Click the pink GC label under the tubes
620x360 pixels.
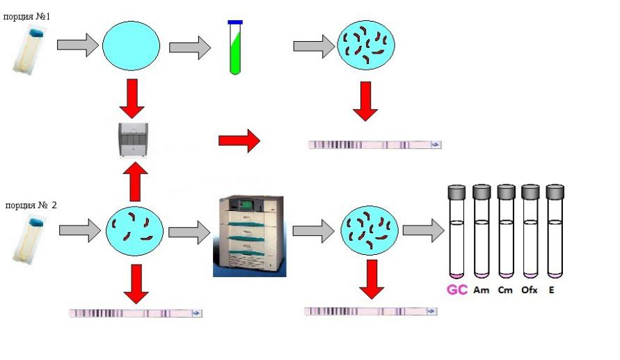point(456,290)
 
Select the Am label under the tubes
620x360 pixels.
point(481,290)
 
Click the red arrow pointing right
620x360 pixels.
point(239,141)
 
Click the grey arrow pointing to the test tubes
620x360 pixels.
point(423,230)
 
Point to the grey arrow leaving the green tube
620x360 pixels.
point(313,46)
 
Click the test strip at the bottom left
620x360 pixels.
point(136,313)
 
